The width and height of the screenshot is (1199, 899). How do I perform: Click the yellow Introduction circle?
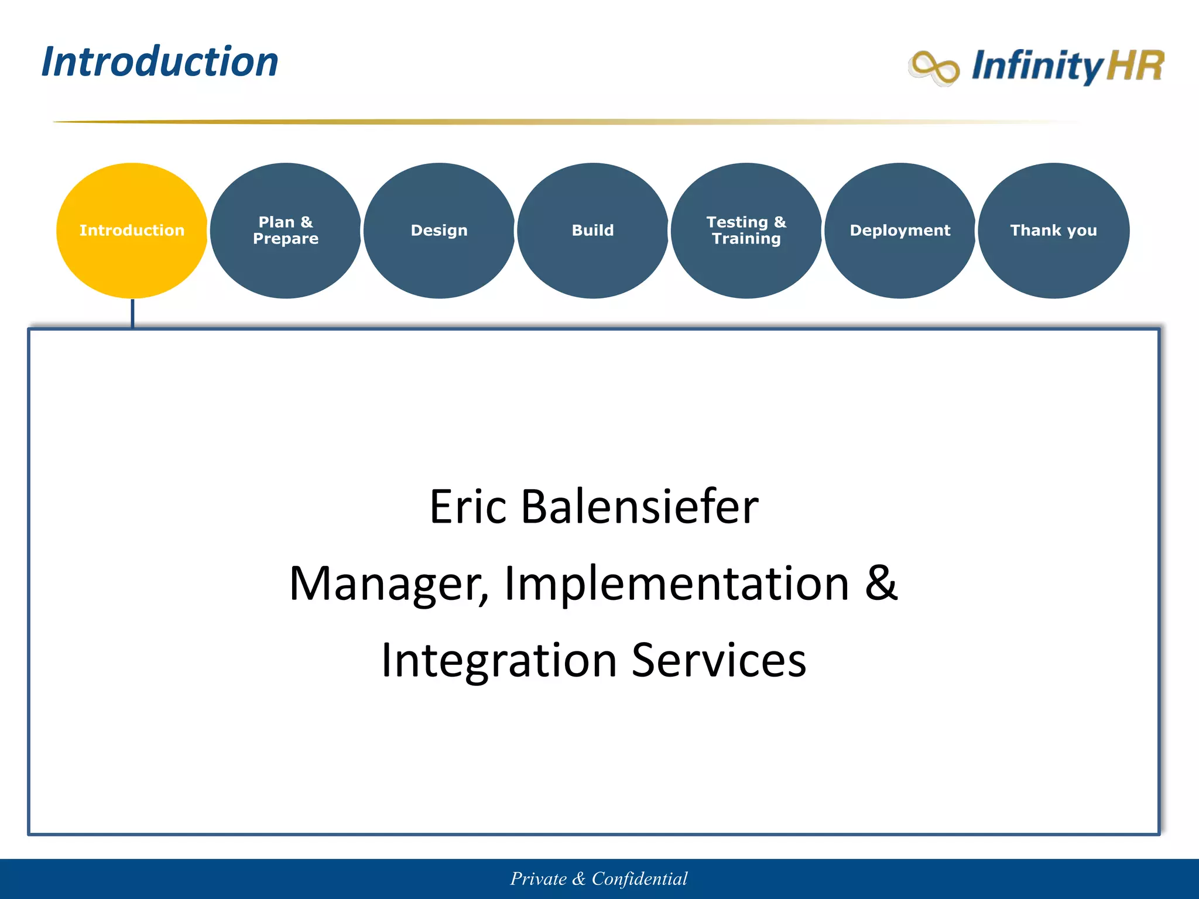click(x=132, y=231)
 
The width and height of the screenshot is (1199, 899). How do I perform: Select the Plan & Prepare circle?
click(x=286, y=231)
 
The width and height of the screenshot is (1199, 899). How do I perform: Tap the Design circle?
click(x=439, y=231)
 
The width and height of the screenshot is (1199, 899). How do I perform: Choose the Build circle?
click(x=592, y=231)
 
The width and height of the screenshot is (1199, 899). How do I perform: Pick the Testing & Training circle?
click(x=746, y=231)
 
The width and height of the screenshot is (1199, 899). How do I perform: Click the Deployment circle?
click(x=900, y=231)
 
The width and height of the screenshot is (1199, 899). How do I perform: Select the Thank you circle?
click(x=1053, y=231)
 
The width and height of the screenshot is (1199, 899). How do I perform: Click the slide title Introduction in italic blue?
click(x=160, y=62)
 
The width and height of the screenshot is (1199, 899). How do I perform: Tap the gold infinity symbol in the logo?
click(x=934, y=68)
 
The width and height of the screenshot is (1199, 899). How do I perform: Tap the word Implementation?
click(x=676, y=584)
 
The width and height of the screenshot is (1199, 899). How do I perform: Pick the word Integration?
click(x=499, y=660)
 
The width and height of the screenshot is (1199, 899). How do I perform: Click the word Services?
click(x=719, y=660)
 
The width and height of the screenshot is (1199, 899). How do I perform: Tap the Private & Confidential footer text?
click(x=599, y=879)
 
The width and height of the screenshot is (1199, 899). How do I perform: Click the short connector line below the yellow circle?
click(x=132, y=314)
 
